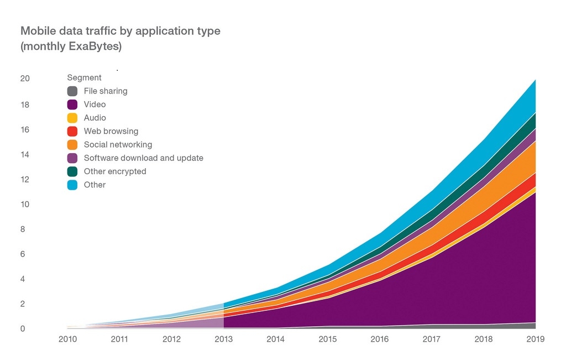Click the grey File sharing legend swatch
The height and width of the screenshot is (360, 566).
[72, 91]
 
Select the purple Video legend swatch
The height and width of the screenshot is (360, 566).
[72, 105]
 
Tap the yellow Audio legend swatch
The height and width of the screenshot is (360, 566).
[72, 118]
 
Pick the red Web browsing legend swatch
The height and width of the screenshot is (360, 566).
[72, 132]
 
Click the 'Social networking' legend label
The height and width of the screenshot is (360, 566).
[118, 145]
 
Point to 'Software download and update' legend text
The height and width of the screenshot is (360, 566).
[143, 158]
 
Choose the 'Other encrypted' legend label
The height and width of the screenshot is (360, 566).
[115, 171]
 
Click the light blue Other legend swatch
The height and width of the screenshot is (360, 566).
[72, 185]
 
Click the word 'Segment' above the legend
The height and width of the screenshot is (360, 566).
[84, 78]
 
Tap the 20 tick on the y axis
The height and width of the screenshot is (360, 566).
[25, 79]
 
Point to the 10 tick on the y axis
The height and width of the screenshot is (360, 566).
[25, 205]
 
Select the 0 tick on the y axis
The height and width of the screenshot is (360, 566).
[23, 329]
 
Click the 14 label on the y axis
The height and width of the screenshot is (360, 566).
[25, 155]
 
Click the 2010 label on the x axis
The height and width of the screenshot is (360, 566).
[67, 339]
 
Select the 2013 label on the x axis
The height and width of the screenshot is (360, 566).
[223, 339]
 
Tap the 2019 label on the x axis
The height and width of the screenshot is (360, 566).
[535, 339]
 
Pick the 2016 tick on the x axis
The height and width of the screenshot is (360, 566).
[379, 339]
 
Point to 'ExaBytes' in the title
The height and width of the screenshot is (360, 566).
[97, 46]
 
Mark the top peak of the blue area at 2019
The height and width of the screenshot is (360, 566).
[535, 80]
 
